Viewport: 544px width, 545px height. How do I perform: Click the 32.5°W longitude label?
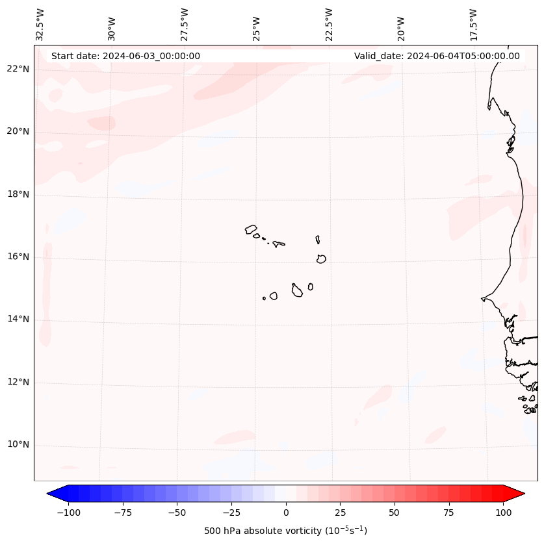tap(40, 24)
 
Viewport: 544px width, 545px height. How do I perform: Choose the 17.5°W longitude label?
tap(473, 24)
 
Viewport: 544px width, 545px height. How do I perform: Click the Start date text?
tap(125, 56)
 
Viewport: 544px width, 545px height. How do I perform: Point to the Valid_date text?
tap(437, 56)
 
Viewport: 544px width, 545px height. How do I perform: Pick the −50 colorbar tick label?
tap(177, 512)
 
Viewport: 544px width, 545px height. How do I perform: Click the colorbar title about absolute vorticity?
tap(285, 531)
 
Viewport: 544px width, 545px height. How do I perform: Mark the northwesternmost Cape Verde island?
tap(251, 229)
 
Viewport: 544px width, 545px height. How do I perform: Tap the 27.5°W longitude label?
tap(185, 24)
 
